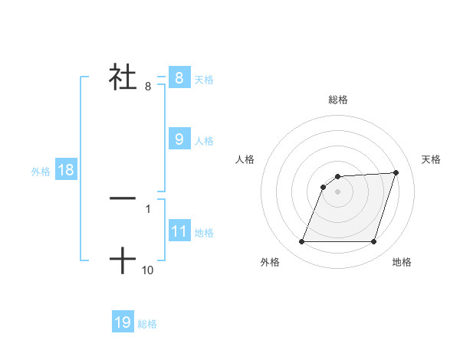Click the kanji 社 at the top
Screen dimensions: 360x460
click(123, 77)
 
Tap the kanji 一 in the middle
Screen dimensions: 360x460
click(123, 198)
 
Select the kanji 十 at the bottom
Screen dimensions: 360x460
click(123, 261)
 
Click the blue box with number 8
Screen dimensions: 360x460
click(179, 77)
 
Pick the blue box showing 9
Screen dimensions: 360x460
click(179, 139)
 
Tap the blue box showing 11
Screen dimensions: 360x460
click(179, 231)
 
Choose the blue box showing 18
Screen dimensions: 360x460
click(66, 170)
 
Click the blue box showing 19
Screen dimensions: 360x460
click(123, 322)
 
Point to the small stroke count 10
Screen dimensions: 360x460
click(148, 270)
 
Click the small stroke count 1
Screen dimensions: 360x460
click(148, 208)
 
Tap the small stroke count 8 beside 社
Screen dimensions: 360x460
click(148, 87)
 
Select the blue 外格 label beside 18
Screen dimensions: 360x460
click(41, 172)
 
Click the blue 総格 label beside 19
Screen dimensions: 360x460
click(147, 324)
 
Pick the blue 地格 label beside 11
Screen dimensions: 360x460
click(204, 232)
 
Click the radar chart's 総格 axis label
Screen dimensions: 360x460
click(338, 100)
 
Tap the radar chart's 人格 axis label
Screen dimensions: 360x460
click(245, 159)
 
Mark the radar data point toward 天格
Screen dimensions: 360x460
click(396, 172)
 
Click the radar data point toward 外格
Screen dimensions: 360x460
click(302, 241)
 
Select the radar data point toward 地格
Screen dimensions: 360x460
click(373, 241)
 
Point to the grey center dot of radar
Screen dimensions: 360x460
click(337, 191)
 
